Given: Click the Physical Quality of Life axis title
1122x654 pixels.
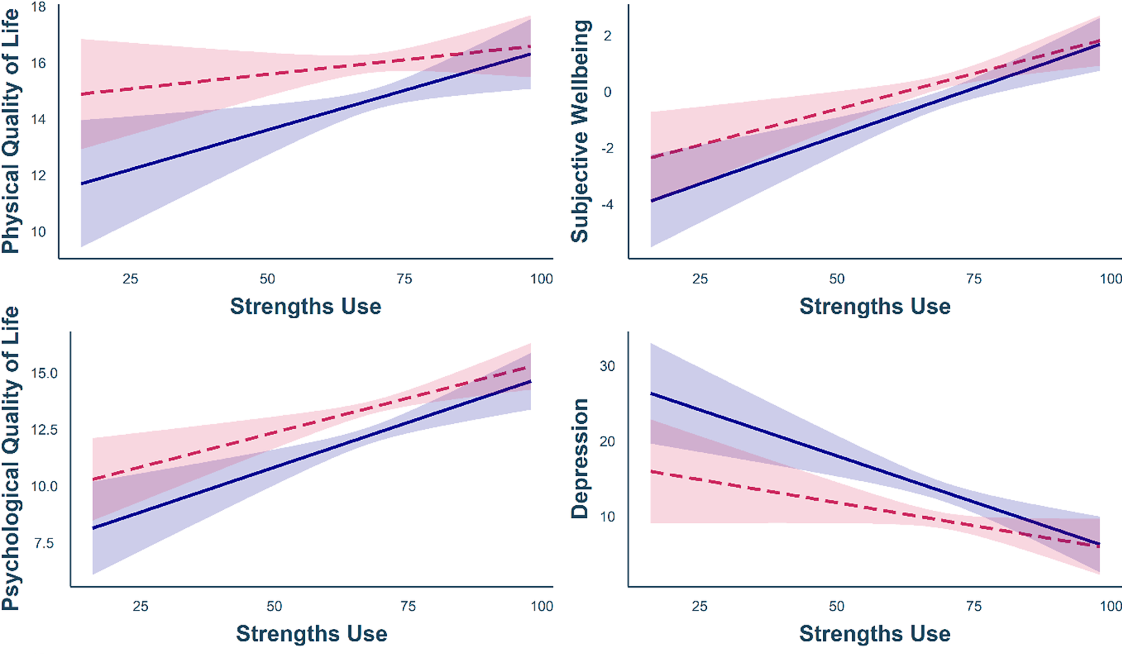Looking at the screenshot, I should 11,131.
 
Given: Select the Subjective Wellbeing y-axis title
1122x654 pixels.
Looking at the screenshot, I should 580,131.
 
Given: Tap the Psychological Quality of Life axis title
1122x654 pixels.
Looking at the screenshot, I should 11,458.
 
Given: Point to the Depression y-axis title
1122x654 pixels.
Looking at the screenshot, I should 580,458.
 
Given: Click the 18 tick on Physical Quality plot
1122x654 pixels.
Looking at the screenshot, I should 38,7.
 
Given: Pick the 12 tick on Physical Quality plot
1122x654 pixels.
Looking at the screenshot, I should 38,176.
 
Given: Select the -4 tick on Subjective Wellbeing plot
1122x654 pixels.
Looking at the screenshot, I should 607,205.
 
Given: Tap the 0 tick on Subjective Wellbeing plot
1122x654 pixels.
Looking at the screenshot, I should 607,92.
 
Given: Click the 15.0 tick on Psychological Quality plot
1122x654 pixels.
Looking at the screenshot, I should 44,373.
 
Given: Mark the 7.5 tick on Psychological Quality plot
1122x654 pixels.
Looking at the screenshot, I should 44,543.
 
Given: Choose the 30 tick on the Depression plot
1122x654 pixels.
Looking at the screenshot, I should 607,366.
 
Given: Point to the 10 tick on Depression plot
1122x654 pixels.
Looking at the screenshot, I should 607,516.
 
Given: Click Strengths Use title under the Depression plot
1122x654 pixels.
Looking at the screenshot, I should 875,634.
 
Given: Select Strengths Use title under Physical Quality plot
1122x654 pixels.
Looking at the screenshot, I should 305,306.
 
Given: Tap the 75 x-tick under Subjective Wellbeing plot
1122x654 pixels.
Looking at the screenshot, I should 974,279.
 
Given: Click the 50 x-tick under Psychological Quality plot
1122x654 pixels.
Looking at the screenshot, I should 274,606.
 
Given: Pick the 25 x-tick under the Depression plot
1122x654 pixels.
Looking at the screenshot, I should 700,606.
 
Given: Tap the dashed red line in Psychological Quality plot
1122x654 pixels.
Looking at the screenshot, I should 274,433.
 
